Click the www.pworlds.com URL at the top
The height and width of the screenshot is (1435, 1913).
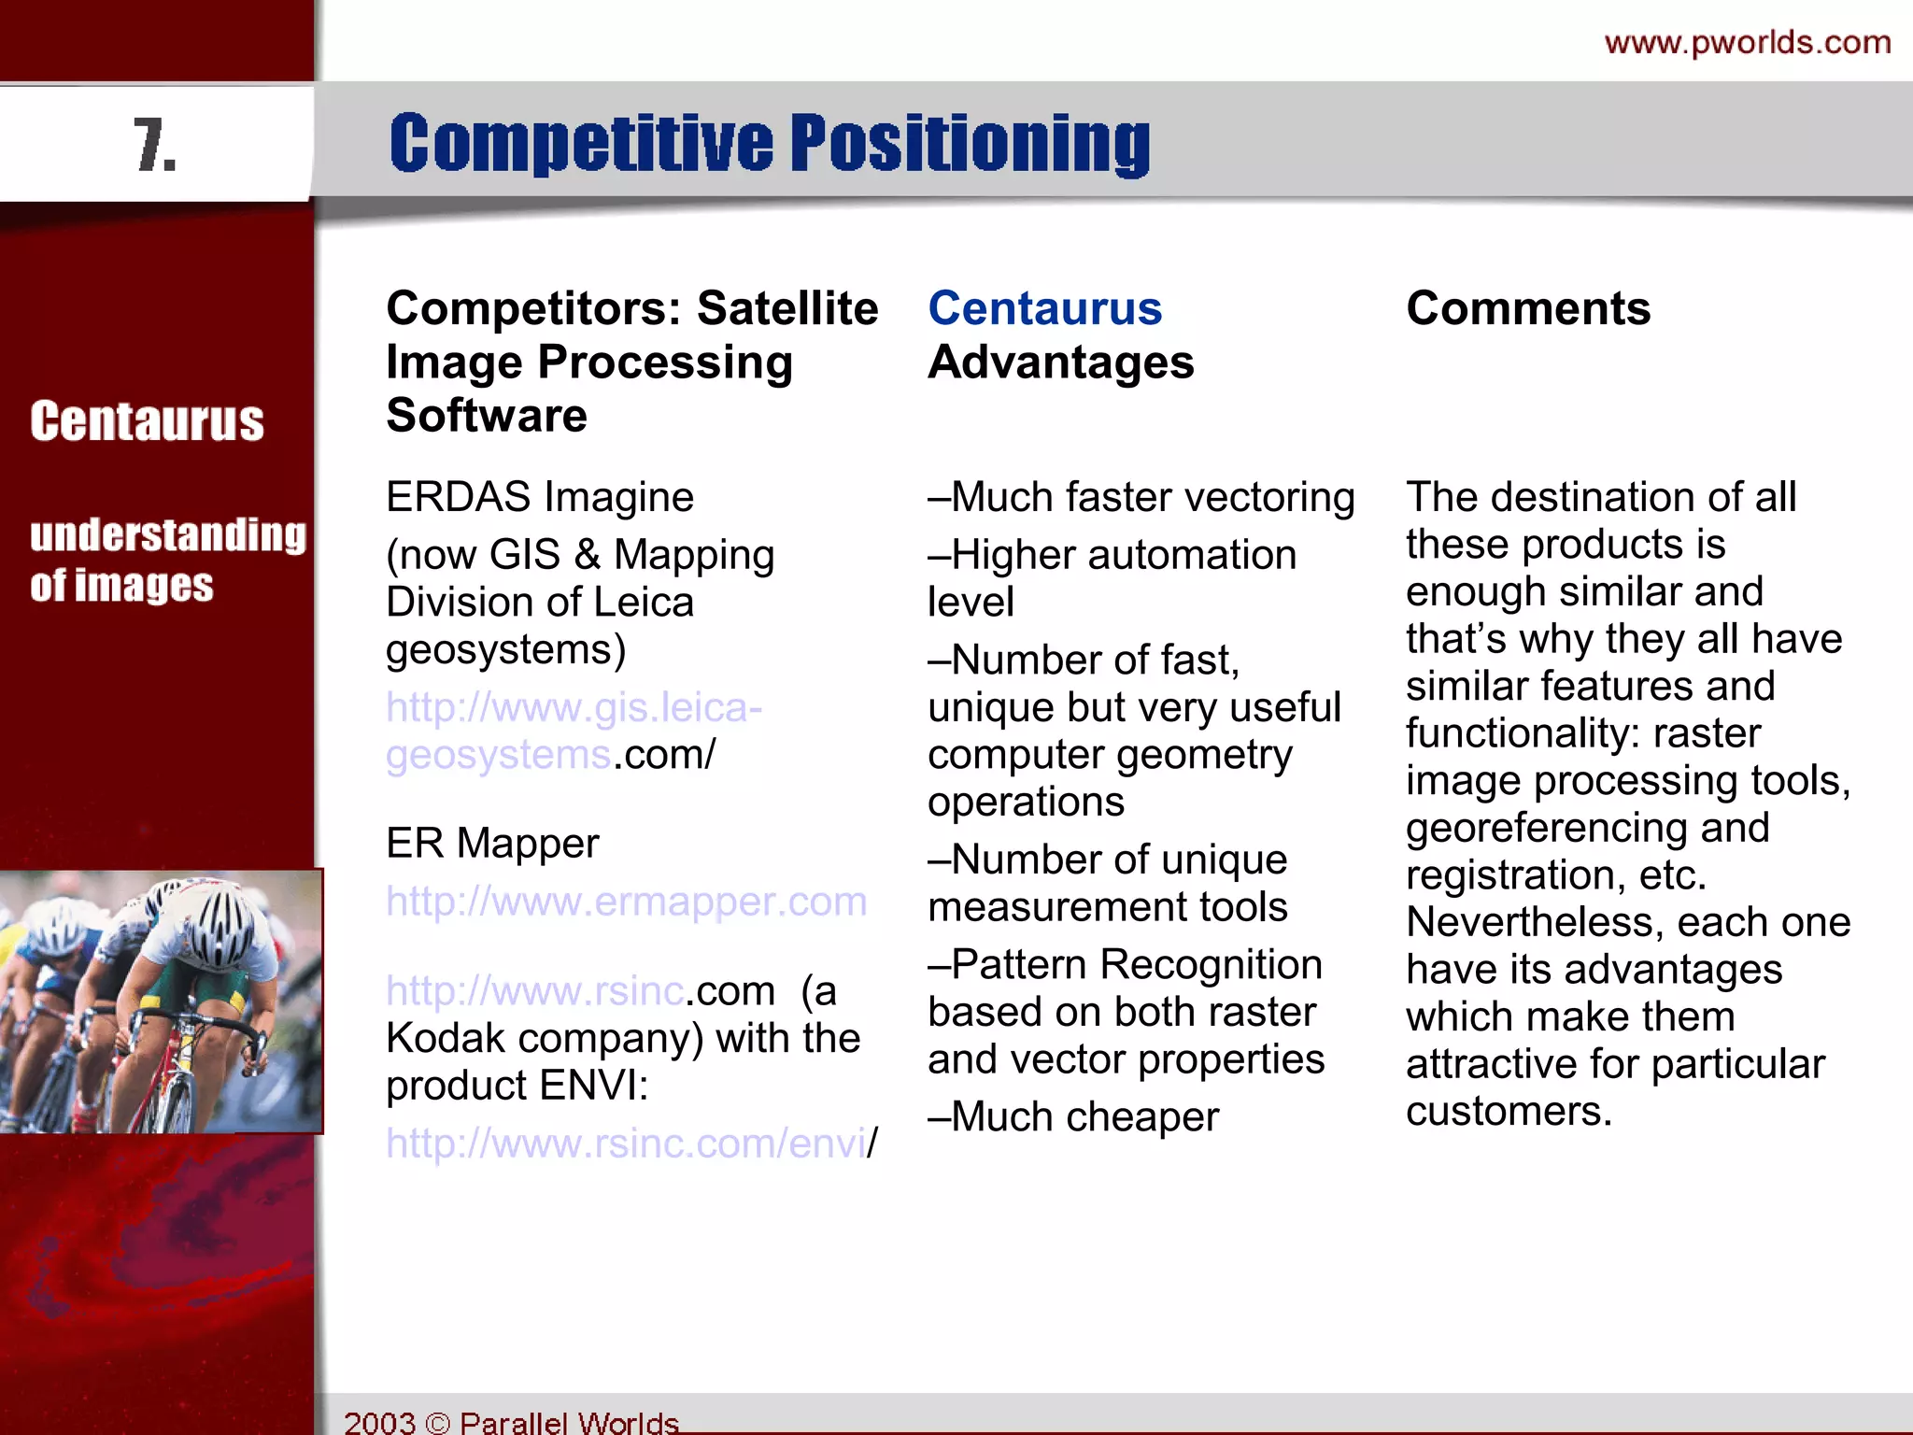point(1747,43)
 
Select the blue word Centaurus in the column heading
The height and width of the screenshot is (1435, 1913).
point(1044,308)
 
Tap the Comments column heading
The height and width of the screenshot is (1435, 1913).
point(1528,308)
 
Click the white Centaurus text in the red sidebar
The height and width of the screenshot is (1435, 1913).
point(147,421)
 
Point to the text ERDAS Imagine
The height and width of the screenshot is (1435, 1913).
point(539,497)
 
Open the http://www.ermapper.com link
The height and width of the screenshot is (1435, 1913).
point(626,902)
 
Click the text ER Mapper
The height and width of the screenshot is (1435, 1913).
point(491,844)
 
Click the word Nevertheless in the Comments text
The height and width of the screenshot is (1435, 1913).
point(1535,923)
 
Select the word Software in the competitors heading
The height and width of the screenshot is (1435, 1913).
point(486,416)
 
